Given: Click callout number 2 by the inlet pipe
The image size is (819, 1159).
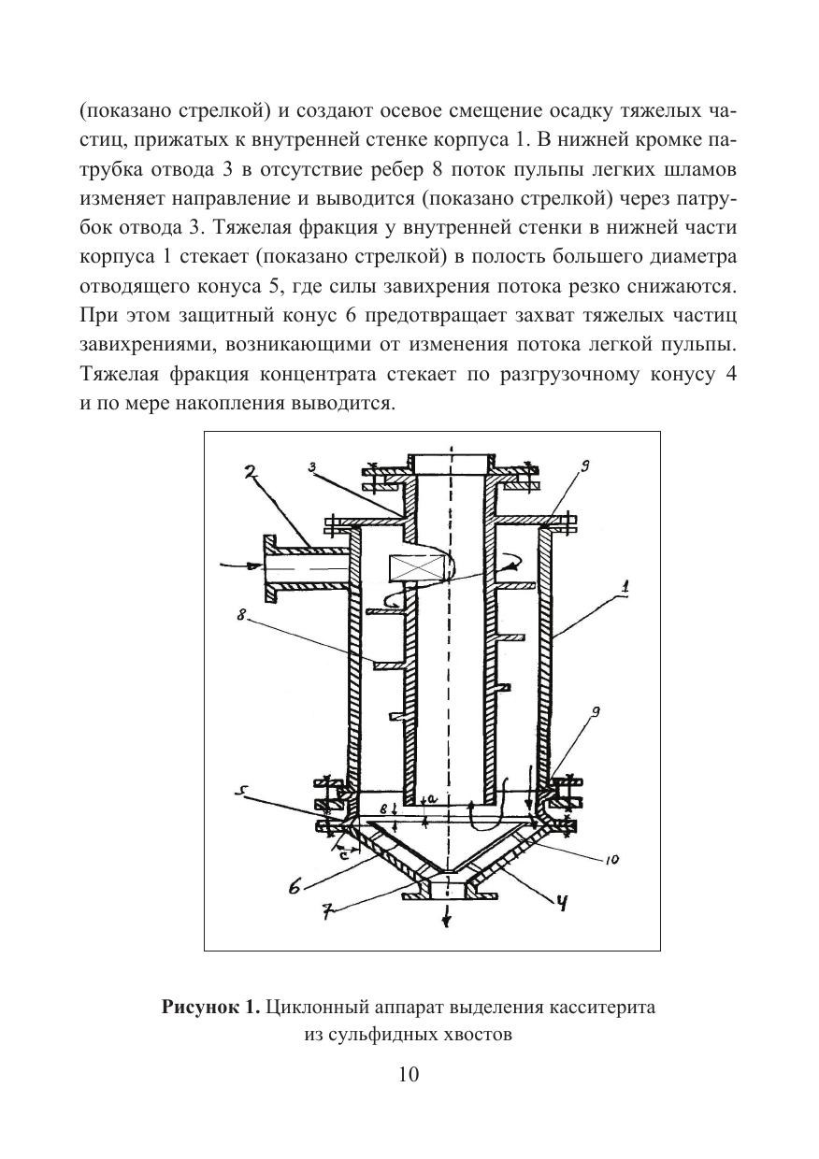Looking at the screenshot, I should pyautogui.click(x=250, y=473).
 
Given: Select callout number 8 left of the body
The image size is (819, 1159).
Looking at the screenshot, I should pyautogui.click(x=241, y=618).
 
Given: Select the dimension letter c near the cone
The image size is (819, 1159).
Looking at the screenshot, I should pyautogui.click(x=345, y=852).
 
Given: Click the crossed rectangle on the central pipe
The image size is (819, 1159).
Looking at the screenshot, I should pyautogui.click(x=410, y=567).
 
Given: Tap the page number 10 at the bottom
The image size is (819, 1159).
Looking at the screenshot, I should pyautogui.click(x=409, y=1074).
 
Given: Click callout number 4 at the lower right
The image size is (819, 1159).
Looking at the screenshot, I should pyautogui.click(x=564, y=902).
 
